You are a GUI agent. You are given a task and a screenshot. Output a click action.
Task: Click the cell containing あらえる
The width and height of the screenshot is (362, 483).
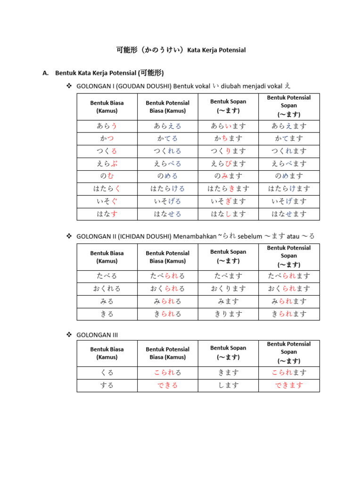[x=167, y=126]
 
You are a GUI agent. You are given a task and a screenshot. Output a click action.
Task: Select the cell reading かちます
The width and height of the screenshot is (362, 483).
[x=228, y=139]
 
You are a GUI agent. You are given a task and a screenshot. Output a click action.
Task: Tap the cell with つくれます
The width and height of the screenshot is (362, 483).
[x=289, y=151]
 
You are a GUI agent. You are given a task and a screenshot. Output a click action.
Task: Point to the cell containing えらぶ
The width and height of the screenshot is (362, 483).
[x=107, y=164]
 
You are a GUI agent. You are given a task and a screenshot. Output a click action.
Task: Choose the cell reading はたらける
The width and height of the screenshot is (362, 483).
[x=167, y=189]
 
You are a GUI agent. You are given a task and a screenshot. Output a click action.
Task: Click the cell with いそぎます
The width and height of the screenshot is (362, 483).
[x=228, y=201]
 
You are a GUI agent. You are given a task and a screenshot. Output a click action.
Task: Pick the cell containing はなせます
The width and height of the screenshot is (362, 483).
[x=289, y=214]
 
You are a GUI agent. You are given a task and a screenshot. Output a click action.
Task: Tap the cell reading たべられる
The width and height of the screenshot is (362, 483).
[x=167, y=276]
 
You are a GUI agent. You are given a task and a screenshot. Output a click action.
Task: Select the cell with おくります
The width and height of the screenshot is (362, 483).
[x=228, y=289]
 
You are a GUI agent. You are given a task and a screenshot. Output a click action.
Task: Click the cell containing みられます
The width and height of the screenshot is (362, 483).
[x=289, y=301]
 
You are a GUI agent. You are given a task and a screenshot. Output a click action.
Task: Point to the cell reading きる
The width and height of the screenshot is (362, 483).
[x=107, y=314]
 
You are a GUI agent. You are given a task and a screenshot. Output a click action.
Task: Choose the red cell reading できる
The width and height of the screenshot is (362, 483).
[x=167, y=385]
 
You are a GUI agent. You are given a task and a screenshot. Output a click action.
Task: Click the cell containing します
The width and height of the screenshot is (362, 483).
[x=228, y=385]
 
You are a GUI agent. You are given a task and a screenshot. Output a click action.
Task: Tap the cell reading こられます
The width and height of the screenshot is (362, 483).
[x=289, y=373]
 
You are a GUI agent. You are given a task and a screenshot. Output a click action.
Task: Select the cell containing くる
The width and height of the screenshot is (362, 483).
[x=107, y=373]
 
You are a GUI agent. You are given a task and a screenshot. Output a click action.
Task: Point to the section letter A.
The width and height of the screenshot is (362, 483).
[x=45, y=73]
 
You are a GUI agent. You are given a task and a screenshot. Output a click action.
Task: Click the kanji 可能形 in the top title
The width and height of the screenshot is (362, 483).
[x=126, y=50]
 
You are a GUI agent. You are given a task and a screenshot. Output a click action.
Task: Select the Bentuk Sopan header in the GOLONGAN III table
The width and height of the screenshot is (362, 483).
[x=228, y=348]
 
